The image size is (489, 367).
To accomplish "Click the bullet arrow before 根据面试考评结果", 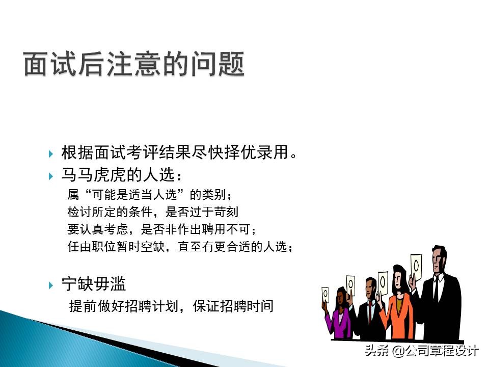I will pyautogui.click(x=51, y=153).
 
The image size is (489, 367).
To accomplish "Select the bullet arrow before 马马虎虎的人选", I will pyautogui.click(x=51, y=176).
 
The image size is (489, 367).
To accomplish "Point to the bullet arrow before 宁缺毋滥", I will pyautogui.click(x=51, y=284).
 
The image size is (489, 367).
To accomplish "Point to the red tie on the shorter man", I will pyautogui.click(x=370, y=311).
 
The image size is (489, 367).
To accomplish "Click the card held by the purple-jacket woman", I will pyautogui.click(x=325, y=293).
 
